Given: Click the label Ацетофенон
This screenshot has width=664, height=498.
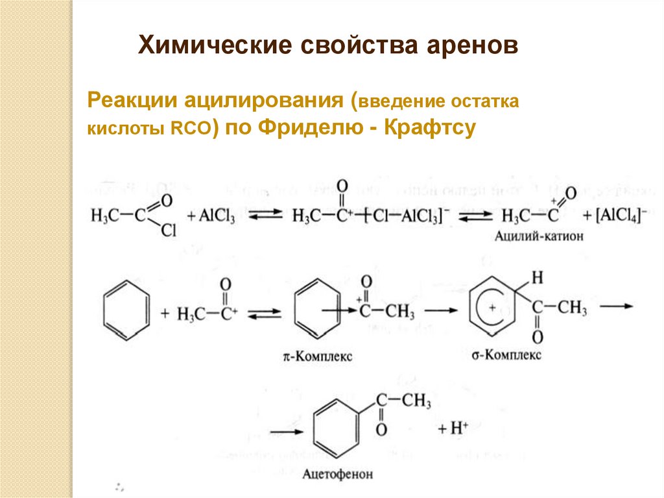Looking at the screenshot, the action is (338, 475).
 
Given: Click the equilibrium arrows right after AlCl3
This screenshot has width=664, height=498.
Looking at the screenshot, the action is (264, 214).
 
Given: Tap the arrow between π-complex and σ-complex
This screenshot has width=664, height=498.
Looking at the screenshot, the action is (441, 311).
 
